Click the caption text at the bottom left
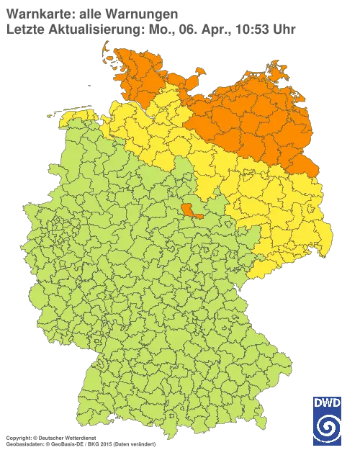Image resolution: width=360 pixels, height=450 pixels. pos(79,437)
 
